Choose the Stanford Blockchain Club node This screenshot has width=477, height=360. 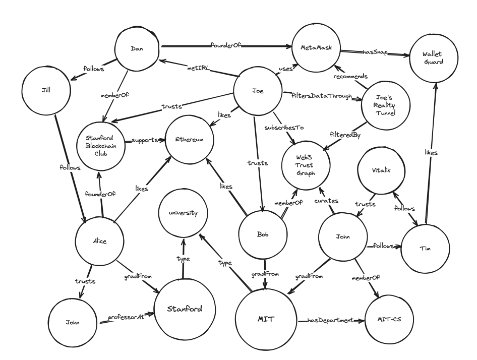(x=100, y=142)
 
